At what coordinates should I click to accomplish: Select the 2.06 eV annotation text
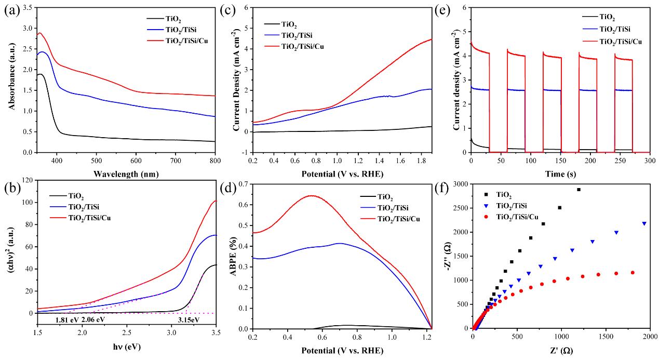(x=94, y=319)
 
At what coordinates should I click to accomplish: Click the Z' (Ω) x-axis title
(x=560, y=351)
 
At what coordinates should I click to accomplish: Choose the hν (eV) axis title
(x=127, y=346)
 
